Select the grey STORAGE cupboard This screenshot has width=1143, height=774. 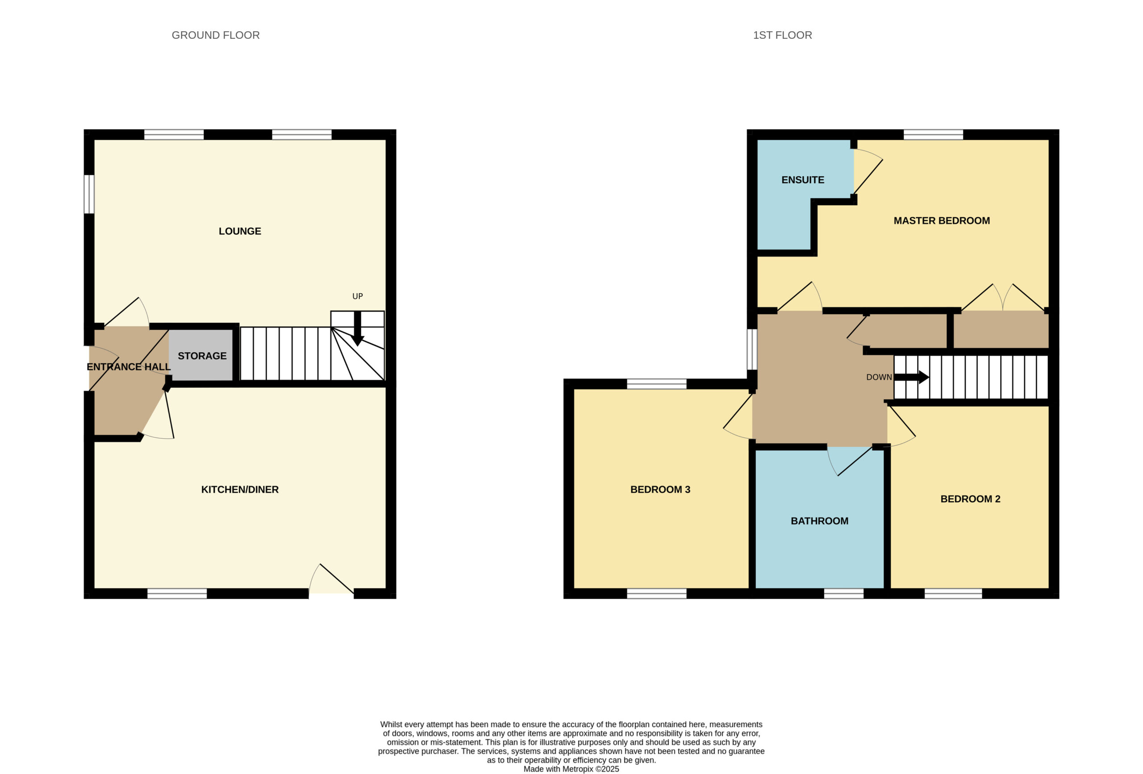click(x=200, y=355)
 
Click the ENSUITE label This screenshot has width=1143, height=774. click(x=803, y=180)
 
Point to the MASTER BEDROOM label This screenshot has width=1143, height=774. click(x=941, y=221)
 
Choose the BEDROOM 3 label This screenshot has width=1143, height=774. click(x=660, y=489)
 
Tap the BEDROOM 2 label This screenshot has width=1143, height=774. click(x=970, y=499)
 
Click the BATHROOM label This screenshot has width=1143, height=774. click(x=819, y=521)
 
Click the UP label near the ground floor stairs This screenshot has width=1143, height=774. click(x=358, y=296)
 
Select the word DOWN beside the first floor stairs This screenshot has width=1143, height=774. click(x=879, y=377)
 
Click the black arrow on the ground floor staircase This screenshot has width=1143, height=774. click(x=358, y=329)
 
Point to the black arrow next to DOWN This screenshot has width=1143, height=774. click(x=911, y=377)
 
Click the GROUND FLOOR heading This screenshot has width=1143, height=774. click(x=215, y=35)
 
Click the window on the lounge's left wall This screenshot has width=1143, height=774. click(x=89, y=194)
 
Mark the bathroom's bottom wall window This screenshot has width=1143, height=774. click(x=843, y=594)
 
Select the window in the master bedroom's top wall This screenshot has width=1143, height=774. click(x=933, y=134)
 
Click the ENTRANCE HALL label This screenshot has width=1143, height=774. click(x=129, y=367)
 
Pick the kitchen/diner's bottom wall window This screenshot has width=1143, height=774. click(x=177, y=594)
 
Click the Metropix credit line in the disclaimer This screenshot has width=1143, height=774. click(x=571, y=769)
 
